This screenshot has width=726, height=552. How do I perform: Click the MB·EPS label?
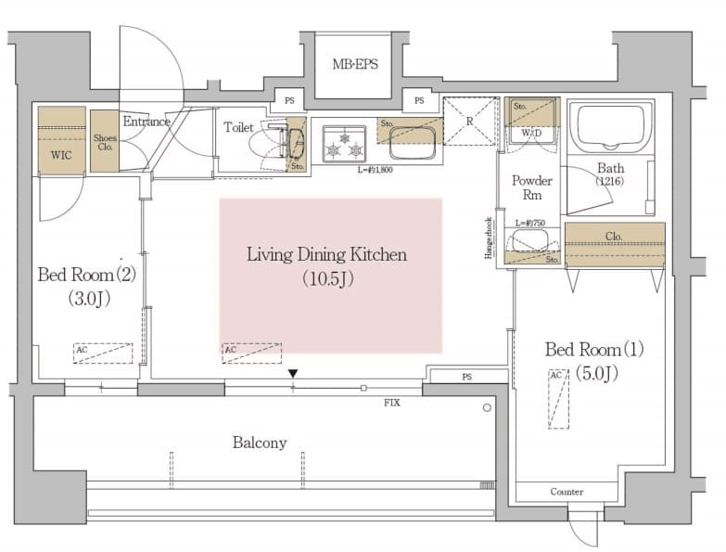[x=355, y=65]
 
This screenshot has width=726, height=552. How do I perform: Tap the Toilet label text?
[x=238, y=127]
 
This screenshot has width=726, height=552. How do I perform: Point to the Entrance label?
[x=146, y=122]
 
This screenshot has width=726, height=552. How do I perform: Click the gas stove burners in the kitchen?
[x=343, y=144]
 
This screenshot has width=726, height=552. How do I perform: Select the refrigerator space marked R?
[x=470, y=122]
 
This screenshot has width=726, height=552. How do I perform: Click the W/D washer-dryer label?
[x=532, y=133]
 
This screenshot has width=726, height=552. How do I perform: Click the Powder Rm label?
[x=532, y=188]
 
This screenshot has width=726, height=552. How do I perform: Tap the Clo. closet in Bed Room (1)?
[x=614, y=236]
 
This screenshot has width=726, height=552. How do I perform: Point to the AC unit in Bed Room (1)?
[x=557, y=398]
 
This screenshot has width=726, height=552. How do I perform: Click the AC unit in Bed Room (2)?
[x=103, y=353]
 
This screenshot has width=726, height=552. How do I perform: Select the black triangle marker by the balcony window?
[x=293, y=373]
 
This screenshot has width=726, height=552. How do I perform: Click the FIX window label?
[x=392, y=404]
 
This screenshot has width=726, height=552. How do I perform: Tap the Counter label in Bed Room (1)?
[x=566, y=492]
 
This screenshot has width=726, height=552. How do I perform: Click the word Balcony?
[x=259, y=443]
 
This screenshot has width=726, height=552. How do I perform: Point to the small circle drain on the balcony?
[x=487, y=407]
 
